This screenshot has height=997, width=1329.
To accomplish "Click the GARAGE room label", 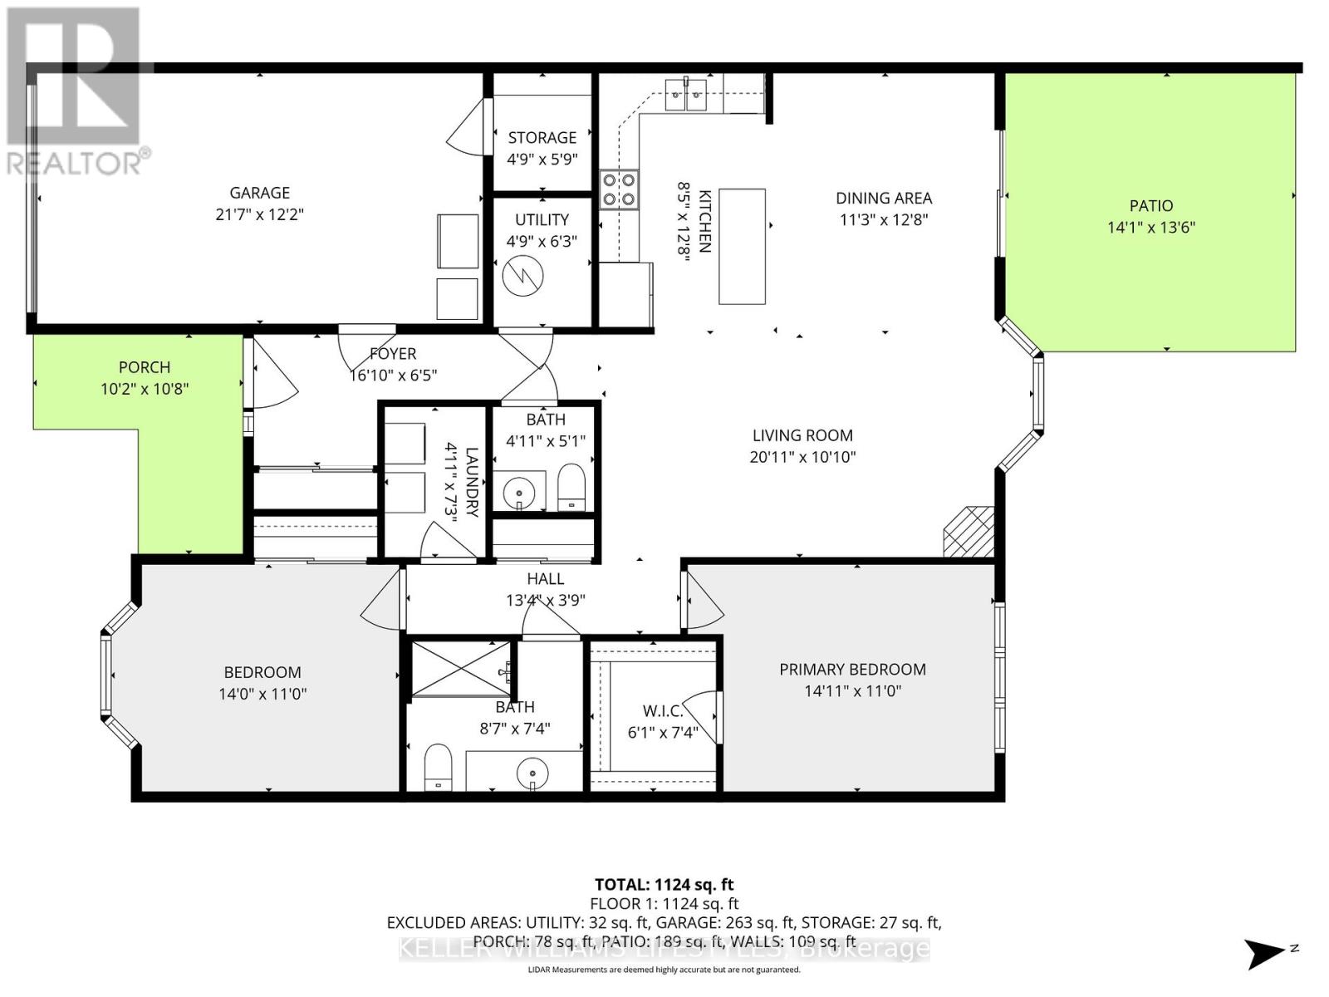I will tap(259, 193).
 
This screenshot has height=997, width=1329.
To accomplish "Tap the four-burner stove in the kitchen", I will tap(619, 189).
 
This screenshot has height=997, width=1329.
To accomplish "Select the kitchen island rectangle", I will tap(742, 247).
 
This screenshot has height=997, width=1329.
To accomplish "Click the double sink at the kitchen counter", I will tap(687, 95).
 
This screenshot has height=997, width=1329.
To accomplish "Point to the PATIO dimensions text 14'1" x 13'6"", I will tap(1150, 228).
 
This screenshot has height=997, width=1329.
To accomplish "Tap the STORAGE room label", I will tap(542, 138).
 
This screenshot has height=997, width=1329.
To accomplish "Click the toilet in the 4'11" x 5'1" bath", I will tap(571, 488).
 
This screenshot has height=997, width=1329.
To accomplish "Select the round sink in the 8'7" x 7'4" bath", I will tap(532, 776).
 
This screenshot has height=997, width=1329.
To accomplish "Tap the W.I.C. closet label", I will tap(663, 711).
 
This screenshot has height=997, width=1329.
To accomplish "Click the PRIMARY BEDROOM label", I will tap(852, 670).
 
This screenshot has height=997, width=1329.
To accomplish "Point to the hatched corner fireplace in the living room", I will tap(969, 532).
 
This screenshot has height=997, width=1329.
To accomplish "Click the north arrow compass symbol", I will tap(1268, 952).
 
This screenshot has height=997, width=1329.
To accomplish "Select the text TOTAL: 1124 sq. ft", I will tap(664, 885).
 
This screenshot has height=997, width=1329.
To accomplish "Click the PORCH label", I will tap(145, 367).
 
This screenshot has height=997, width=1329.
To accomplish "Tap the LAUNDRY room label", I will tap(472, 482).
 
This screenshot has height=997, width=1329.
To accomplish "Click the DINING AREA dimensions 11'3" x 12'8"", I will tap(883, 220).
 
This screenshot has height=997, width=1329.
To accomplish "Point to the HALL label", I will tap(545, 579).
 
